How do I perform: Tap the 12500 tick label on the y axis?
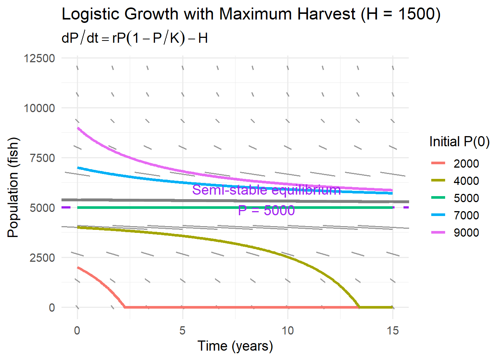(39, 58)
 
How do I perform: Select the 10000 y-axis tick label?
(39, 108)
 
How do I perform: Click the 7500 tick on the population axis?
(42, 158)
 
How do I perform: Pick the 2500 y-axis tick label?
(42, 258)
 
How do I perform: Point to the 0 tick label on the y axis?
(52, 308)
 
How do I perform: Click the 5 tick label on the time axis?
(183, 331)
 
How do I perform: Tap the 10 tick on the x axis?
(288, 331)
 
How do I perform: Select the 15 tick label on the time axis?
(393, 331)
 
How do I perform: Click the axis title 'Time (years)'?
(235, 346)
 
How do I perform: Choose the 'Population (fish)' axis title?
(13, 187)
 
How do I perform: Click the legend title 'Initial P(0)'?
(459, 142)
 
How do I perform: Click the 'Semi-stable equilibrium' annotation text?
(266, 190)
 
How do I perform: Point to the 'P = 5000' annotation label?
(266, 210)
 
